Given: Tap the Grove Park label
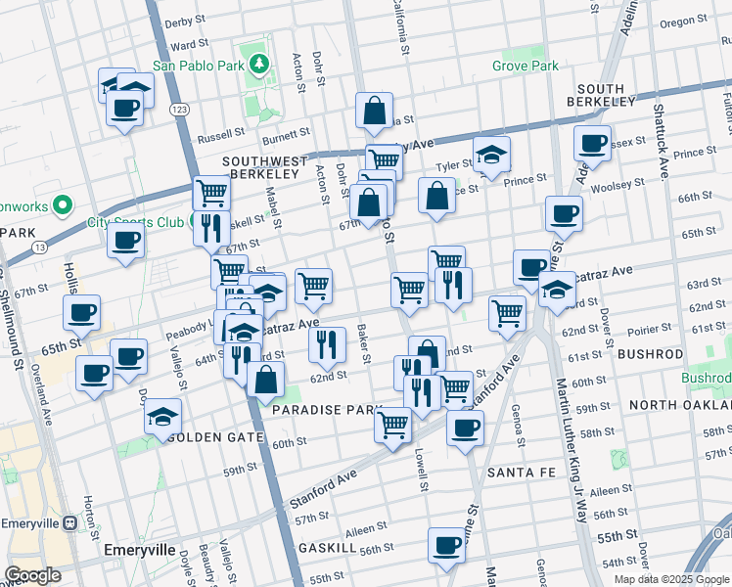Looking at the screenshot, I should click(x=526, y=67).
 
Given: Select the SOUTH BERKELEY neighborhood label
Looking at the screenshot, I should click(x=600, y=94).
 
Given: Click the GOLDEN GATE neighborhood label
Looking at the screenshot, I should click(x=216, y=437).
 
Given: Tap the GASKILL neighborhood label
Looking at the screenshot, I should click(x=324, y=548).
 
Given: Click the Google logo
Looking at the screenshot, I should click(x=32, y=575).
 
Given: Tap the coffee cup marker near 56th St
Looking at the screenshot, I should click(x=446, y=545).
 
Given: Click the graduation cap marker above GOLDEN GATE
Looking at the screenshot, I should click(x=163, y=417).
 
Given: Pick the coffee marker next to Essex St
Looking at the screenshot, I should click(x=592, y=143).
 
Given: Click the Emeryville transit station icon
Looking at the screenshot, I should click(x=69, y=523).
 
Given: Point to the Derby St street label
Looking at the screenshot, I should click(x=185, y=21).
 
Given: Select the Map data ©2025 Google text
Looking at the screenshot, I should click(x=671, y=578).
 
